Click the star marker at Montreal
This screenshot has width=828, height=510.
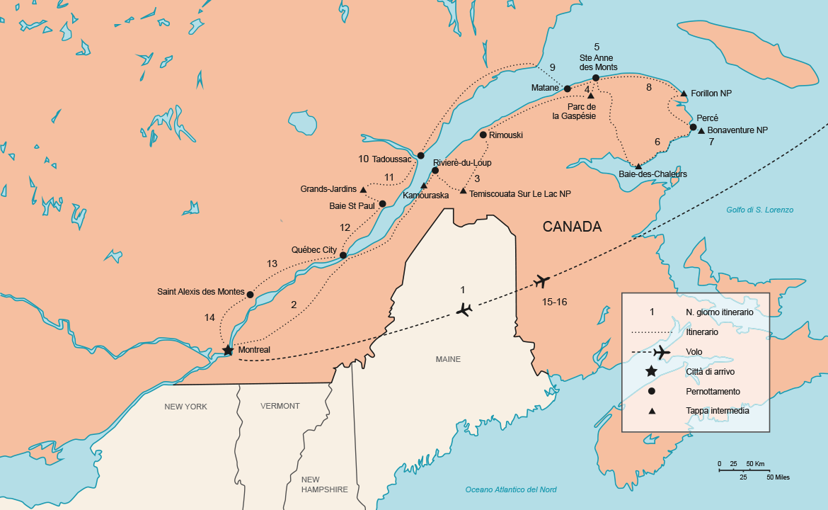228,350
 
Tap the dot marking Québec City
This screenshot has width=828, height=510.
343,255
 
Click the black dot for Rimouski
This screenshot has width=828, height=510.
483,135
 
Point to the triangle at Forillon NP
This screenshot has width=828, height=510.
684,93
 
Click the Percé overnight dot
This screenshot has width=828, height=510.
694,127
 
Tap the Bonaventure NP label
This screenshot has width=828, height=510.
737,130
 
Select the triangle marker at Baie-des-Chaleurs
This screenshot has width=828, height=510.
638,166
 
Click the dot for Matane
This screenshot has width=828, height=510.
568,89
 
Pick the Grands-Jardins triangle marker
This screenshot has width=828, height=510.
363,190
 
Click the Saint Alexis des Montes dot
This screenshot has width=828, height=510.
251,294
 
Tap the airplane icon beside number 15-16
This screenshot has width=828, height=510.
542,281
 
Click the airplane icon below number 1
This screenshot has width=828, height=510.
464,310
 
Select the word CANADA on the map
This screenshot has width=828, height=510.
572,227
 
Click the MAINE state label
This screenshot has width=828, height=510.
448,359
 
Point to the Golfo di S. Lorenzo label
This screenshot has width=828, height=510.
759,210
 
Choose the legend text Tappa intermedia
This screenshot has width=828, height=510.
717,411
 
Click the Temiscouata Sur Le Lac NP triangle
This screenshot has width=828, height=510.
463,191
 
